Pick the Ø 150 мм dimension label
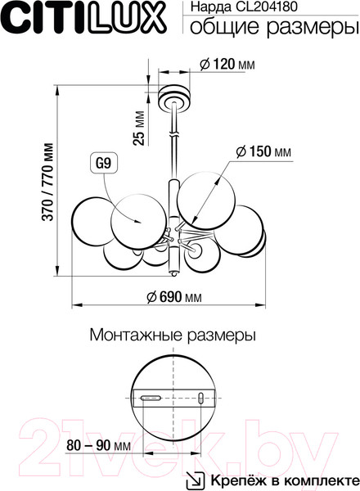coord(263,152)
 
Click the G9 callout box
coord(103,163)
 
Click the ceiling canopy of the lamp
coord(174,97)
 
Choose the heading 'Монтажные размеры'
coord(172,336)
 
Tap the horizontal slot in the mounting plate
coord(151,399)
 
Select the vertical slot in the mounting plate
coord(201,399)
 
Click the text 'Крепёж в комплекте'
coord(281,480)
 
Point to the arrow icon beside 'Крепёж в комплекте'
coord(195,479)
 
